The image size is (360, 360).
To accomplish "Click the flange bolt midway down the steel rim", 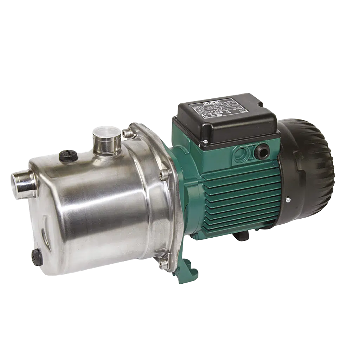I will pos(164,174).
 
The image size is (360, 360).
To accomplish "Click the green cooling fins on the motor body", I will pos(239,204).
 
